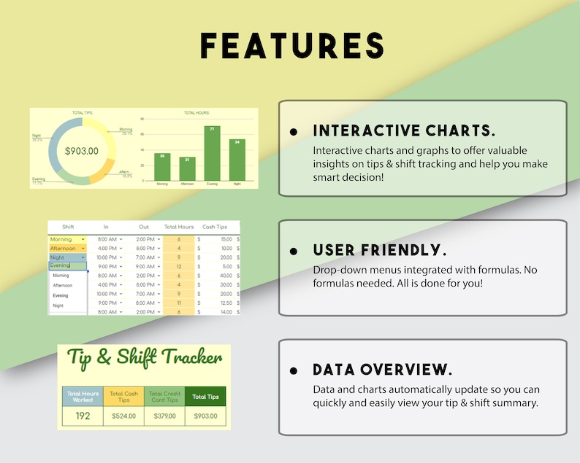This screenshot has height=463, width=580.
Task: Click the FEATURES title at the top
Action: (292, 45)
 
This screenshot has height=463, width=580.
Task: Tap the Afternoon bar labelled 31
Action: (188, 169)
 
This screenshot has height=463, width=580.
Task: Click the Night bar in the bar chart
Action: (237, 161)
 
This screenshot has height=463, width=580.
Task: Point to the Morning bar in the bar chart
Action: (163, 168)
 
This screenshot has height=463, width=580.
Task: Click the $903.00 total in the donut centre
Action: (82, 152)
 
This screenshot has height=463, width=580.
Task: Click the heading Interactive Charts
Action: (404, 131)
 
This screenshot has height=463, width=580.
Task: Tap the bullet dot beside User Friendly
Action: (294, 252)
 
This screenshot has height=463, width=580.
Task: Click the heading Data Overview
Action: (382, 370)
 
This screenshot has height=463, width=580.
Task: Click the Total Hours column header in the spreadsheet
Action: (179, 227)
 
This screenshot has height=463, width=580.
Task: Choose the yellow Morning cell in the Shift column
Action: (66, 239)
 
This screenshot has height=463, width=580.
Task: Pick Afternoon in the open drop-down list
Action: (63, 286)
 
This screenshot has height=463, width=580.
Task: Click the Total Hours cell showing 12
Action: (179, 266)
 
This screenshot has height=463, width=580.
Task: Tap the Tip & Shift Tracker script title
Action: (145, 358)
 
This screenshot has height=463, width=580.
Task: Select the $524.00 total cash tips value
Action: (124, 416)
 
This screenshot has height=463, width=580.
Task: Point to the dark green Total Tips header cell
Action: (205, 397)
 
